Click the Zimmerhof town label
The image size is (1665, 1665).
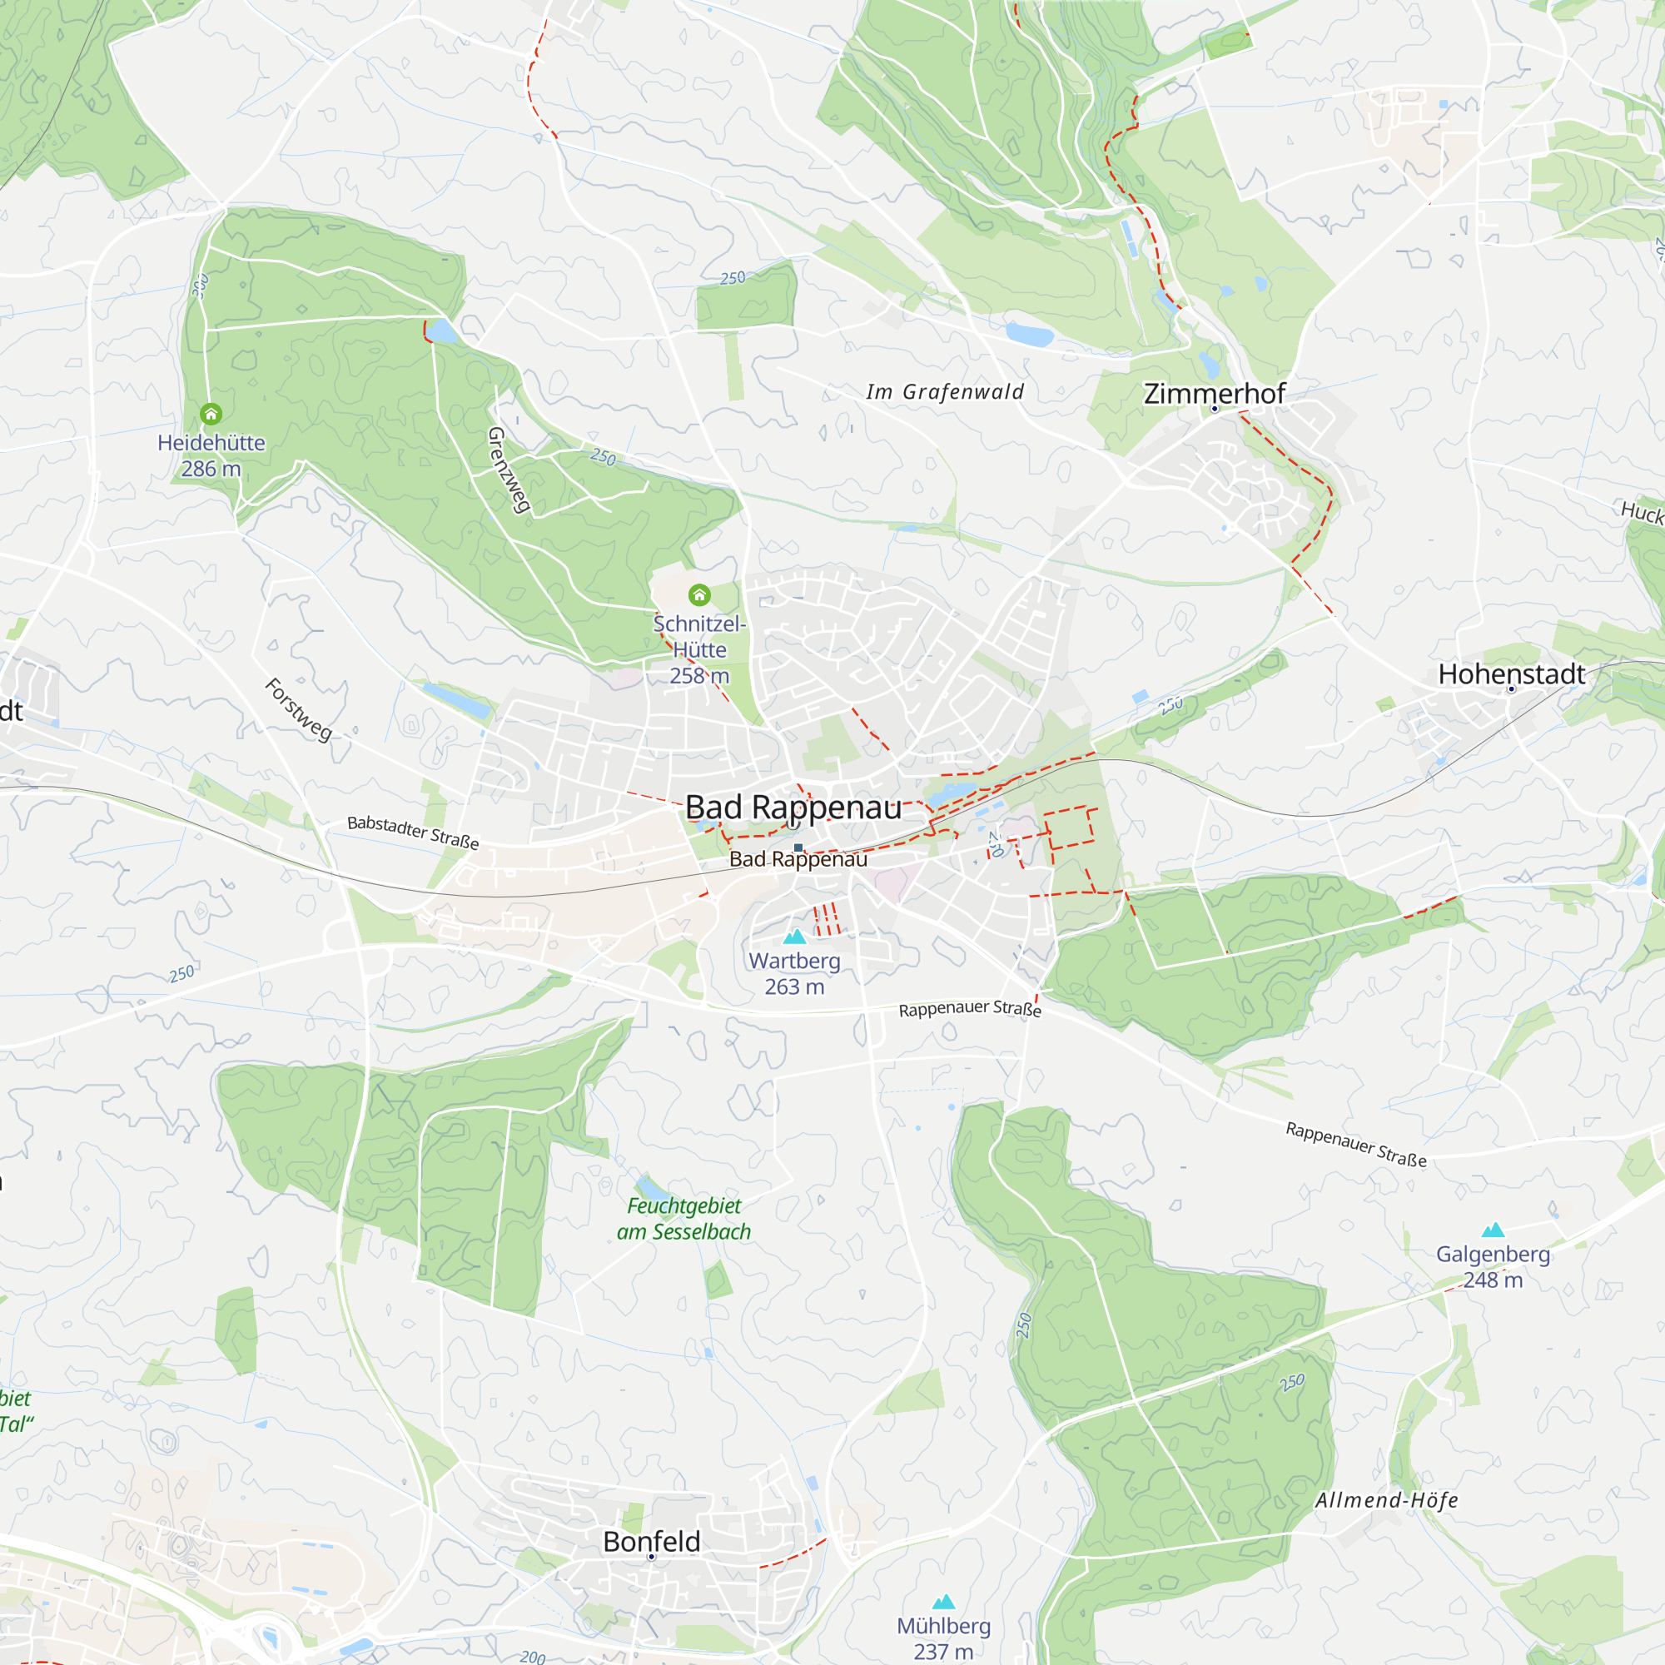(1214, 394)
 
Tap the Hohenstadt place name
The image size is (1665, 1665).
(1512, 674)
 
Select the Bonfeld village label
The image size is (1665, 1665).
(652, 1542)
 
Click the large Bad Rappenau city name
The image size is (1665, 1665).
(793, 808)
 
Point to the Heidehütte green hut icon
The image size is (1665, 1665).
(211, 415)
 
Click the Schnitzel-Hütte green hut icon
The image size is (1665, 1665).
(699, 594)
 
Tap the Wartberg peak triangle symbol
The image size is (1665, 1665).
(794, 936)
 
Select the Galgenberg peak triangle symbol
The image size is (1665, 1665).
(1493, 1230)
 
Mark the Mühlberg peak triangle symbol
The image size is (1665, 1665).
(944, 1601)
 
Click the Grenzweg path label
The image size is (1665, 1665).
(509, 470)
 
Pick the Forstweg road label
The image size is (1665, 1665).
(298, 709)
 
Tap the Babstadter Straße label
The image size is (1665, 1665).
(413, 832)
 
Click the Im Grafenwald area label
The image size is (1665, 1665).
(945, 392)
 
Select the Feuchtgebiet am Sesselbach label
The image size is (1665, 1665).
(683, 1219)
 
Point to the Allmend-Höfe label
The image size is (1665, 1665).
(1387, 1500)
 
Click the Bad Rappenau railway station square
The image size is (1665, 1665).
(798, 848)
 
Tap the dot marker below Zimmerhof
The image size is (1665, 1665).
(1215, 409)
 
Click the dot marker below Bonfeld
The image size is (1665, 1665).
(652, 1557)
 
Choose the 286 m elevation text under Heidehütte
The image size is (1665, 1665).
(211, 469)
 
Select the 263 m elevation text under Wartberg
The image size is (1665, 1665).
(794, 987)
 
